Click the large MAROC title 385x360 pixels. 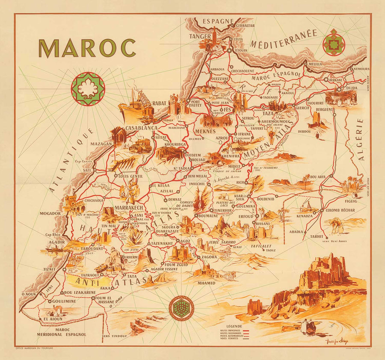[x=87, y=48]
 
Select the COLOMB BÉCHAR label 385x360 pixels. [x=342, y=210]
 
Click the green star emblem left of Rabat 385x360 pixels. [x=88, y=89]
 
